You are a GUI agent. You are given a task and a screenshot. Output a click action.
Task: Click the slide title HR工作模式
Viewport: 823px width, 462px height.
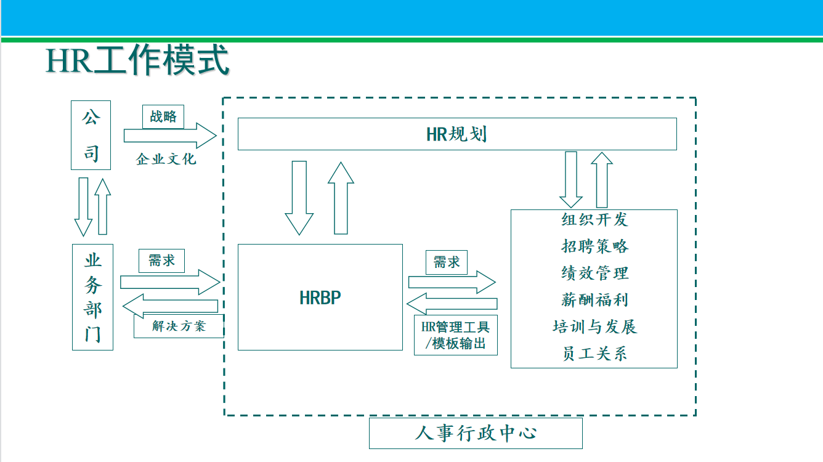[x=137, y=60]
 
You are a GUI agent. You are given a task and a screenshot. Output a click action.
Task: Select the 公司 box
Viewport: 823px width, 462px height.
[x=91, y=135]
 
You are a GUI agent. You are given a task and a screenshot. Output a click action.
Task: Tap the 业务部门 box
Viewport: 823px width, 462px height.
[x=92, y=297]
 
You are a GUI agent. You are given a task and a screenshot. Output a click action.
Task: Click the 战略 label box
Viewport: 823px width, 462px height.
[x=163, y=116]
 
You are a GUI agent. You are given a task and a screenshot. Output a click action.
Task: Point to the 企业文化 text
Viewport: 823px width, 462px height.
[x=166, y=159]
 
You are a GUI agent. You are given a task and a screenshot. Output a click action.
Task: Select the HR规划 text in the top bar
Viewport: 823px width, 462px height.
[x=456, y=134]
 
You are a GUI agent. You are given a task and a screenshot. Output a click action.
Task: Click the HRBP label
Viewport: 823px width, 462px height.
[x=320, y=298]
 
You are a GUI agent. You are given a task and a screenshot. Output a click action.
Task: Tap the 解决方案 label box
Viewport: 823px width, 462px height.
[x=179, y=326]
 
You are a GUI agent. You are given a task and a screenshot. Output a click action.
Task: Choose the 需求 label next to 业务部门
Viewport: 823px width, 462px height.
[x=162, y=261]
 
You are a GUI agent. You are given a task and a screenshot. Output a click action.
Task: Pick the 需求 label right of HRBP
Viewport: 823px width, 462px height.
[x=447, y=262]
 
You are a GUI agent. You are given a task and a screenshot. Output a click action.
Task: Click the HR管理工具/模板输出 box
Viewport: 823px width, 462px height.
[x=455, y=335]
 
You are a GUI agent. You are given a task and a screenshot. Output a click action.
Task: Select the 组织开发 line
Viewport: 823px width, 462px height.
[x=594, y=219]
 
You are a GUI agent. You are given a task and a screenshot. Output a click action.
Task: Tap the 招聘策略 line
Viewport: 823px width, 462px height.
[x=594, y=246]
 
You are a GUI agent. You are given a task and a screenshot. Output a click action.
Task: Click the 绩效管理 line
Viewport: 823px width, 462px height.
[x=594, y=273]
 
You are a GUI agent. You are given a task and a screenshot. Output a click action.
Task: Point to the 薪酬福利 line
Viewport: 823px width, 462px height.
[x=594, y=300]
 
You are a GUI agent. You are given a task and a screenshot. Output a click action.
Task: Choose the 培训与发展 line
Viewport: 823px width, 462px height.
[x=594, y=326]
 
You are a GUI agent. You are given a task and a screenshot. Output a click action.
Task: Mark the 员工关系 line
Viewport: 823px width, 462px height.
[x=594, y=354]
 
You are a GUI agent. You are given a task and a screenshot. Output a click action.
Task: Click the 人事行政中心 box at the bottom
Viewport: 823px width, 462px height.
[x=476, y=433]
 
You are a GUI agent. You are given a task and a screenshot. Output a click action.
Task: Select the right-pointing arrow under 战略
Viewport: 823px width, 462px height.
[x=170, y=136]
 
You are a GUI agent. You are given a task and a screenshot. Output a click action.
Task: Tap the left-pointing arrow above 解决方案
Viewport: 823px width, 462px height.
[x=171, y=306]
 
